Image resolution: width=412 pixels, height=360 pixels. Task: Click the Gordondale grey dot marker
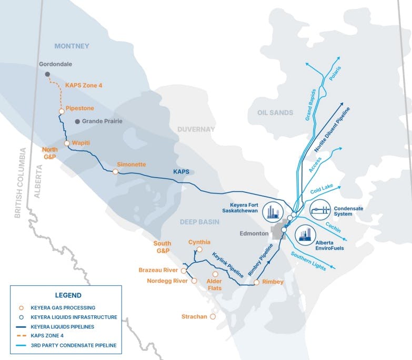tap(47, 74)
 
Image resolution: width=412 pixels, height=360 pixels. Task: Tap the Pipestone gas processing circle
tap(62, 111)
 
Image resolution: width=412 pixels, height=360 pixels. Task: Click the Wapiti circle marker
tap(67, 143)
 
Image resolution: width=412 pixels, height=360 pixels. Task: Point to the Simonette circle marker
tap(116, 171)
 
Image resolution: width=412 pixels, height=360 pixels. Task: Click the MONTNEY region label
tap(72, 46)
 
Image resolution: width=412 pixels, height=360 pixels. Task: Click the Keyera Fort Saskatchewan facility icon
tap(272, 211)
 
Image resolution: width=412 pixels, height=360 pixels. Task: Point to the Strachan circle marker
tap(213, 317)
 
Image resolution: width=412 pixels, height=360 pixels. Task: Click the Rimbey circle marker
tap(256, 282)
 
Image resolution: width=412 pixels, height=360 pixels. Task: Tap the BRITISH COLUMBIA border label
tap(21, 183)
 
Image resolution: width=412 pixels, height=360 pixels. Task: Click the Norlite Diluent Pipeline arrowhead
tap(343, 104)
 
